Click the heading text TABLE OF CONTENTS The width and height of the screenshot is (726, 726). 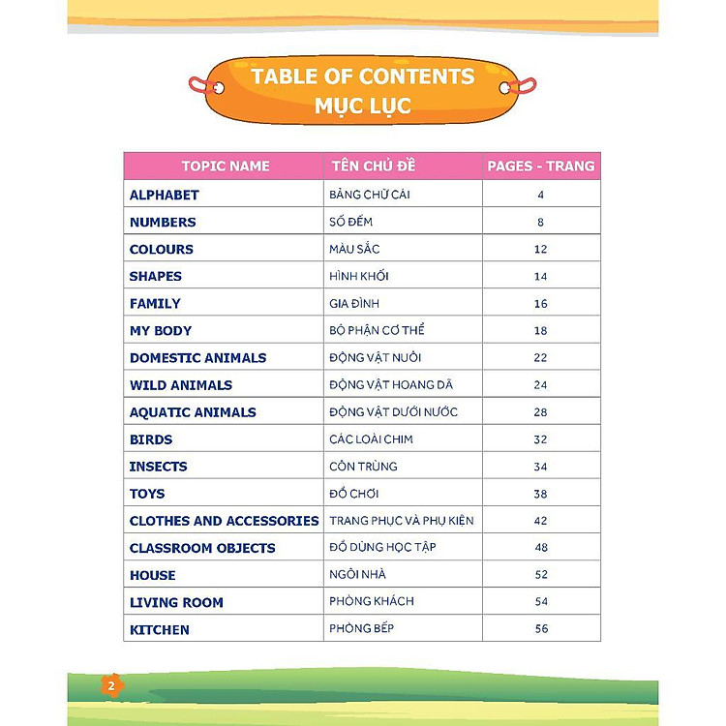[363, 76]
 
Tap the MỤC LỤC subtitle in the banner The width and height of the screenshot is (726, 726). [363, 106]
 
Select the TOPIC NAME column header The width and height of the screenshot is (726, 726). [226, 166]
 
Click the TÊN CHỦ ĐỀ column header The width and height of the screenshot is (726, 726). [373, 166]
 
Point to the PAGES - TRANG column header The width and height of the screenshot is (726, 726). [541, 166]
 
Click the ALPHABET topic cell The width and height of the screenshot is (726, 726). [165, 195]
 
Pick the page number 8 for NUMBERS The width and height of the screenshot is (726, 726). [541, 222]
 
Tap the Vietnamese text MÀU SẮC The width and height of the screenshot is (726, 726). [354, 249]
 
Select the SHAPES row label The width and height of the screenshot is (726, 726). [156, 276]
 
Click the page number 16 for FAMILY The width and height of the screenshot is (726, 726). [541, 303]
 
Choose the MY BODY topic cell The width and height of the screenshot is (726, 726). [161, 330]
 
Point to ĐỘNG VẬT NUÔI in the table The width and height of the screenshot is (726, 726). [375, 357]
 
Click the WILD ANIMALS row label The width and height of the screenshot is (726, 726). [181, 384]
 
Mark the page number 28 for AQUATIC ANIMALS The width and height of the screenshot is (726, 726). [541, 411]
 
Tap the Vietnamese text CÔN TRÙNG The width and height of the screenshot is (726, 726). [363, 466]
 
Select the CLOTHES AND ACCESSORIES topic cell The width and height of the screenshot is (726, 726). [225, 521]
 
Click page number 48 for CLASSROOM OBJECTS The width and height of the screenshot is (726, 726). [541, 547]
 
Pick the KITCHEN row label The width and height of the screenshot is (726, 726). [160, 629]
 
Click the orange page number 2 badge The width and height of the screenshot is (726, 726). [111, 685]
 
